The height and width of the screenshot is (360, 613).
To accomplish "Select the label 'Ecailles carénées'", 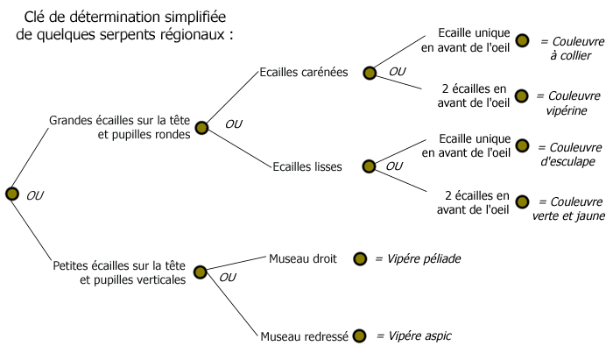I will point(304,73).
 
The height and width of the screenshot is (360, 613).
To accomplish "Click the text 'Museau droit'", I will point(302,258).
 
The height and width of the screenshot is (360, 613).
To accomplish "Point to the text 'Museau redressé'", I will point(305,335).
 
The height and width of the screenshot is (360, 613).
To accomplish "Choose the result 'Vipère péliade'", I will point(418,259).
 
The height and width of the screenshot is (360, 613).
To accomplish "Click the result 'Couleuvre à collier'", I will point(566,48).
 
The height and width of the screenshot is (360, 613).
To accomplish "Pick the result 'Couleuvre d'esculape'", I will point(566,153).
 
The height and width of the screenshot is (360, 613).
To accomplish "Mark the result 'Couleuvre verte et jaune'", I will point(565,208).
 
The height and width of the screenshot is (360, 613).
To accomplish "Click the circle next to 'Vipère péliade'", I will point(359,258).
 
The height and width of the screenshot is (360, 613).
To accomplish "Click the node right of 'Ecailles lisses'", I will point(368,166).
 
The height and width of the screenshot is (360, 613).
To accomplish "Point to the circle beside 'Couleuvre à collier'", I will point(522,41).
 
